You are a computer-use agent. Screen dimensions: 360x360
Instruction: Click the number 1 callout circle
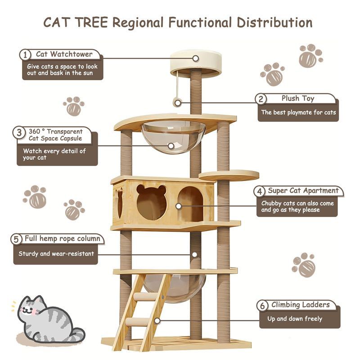(x=25, y=55)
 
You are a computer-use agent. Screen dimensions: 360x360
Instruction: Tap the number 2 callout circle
(x=261, y=99)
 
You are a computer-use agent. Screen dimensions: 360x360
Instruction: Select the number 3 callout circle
(x=19, y=132)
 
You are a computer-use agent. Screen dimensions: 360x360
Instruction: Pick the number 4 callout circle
(x=260, y=191)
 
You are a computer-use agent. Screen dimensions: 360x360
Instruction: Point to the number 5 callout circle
(x=16, y=239)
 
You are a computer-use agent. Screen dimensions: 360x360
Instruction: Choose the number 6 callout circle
(x=262, y=306)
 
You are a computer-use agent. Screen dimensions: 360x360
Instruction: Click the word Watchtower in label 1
(x=71, y=54)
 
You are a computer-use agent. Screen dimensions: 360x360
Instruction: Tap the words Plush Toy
(x=298, y=99)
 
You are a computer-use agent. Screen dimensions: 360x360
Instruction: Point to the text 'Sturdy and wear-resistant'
(x=56, y=253)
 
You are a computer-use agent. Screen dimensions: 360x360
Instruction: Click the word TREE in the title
(x=91, y=22)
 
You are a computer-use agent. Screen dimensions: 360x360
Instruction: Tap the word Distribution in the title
(x=274, y=22)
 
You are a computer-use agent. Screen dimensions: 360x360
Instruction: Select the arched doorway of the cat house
(x=190, y=204)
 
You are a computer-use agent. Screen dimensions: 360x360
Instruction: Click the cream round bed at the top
(x=196, y=63)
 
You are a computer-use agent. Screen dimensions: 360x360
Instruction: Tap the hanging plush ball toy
(x=177, y=103)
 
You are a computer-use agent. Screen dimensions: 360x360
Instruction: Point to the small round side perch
(x=229, y=175)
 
